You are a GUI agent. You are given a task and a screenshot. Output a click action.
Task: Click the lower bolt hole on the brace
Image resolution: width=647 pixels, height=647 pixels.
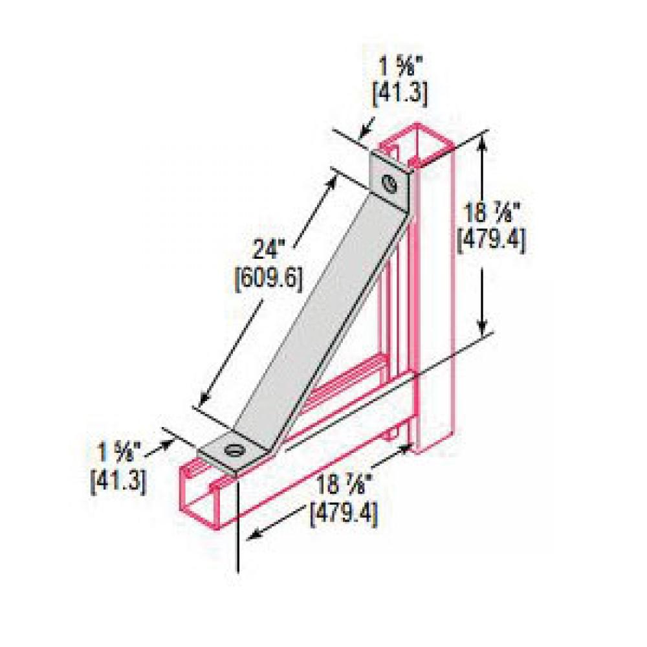point(232,450)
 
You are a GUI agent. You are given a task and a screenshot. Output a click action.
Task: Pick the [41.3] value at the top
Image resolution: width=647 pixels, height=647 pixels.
point(400,94)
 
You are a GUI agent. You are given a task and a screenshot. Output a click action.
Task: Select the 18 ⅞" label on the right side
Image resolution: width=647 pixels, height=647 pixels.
point(491,212)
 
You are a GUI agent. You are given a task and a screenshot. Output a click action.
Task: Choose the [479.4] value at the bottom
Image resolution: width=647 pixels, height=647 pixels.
point(344,515)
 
